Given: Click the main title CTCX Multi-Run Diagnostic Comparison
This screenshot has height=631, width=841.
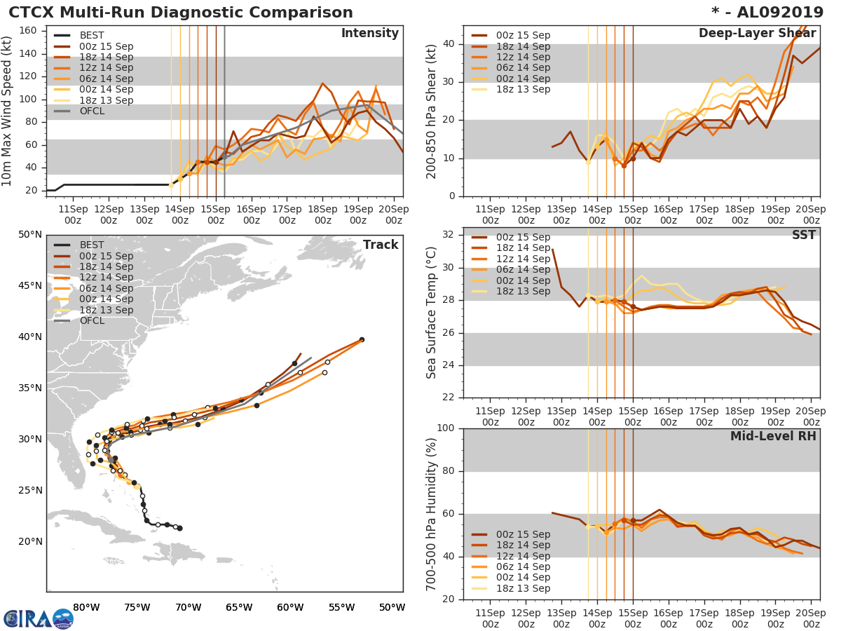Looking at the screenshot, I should pos(181,13).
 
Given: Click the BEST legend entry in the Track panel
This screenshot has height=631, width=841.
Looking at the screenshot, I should pos(92,245).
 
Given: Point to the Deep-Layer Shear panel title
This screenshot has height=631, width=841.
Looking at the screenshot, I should pos(757,34).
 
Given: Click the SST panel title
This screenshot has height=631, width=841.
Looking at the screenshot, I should pos(803,235).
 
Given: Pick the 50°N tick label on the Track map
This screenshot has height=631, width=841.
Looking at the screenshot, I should pos(30,234).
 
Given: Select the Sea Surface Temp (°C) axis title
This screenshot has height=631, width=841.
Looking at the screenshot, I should pos(432,313).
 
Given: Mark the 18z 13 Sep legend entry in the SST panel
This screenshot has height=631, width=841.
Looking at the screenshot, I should pos(521,291).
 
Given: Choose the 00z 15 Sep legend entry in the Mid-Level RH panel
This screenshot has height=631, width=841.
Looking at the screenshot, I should pos(521,534).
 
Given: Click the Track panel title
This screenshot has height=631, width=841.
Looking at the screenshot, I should pos(380,245).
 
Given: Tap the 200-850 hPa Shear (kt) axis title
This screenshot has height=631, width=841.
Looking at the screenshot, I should pos(432,111).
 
